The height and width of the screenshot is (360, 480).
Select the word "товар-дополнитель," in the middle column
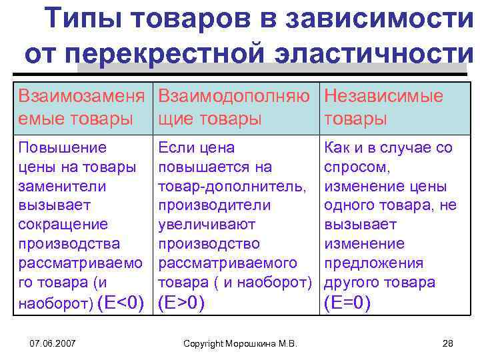pyautogui.click(x=229, y=187)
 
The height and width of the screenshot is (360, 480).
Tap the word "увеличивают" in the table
pyautogui.click(x=202, y=225)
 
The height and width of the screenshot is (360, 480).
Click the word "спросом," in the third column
pyautogui.click(x=349, y=167)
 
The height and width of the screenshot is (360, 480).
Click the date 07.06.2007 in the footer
pyautogui.click(x=53, y=343)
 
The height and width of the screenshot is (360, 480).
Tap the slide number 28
pyautogui.click(x=447, y=343)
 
